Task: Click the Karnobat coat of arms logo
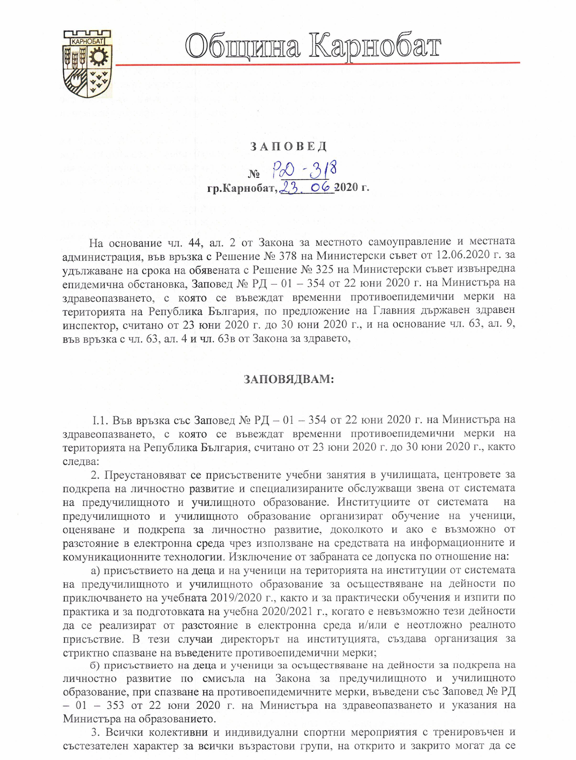[87, 64]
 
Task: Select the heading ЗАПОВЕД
[288, 147]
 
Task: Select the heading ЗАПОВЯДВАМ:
[289, 379]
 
